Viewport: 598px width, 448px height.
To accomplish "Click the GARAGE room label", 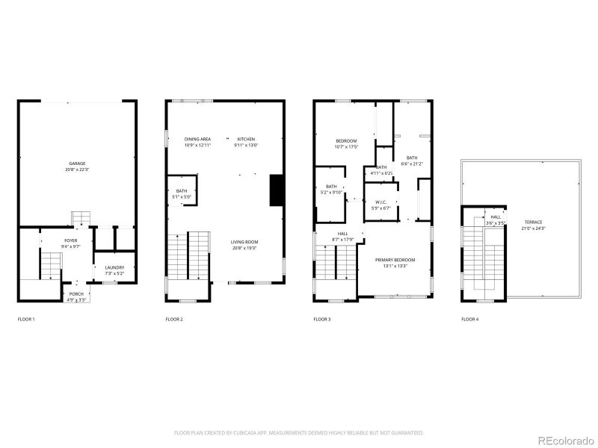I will pyautogui.click(x=76, y=163).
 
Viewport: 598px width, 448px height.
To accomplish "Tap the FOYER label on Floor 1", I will pyautogui.click(x=70, y=240).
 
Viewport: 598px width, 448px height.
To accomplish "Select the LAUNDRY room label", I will pyautogui.click(x=114, y=267).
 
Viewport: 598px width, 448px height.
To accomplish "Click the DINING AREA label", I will pyautogui.click(x=197, y=139).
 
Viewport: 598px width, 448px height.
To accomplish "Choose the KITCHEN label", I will pyautogui.click(x=247, y=139).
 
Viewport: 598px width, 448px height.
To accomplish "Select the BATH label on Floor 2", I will pyautogui.click(x=182, y=191).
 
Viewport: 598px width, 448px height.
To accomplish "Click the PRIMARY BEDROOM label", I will pyautogui.click(x=395, y=259).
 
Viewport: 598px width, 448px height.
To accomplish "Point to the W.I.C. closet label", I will pyautogui.click(x=380, y=202).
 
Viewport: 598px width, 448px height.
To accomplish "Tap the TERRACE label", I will pyautogui.click(x=534, y=222).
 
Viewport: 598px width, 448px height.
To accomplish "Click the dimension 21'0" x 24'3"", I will pyautogui.click(x=534, y=228).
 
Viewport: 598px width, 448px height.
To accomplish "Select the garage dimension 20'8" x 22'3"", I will pyautogui.click(x=76, y=169).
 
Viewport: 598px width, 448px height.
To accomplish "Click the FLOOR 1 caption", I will pyautogui.click(x=26, y=320).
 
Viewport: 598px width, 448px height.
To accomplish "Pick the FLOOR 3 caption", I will pyautogui.click(x=322, y=320).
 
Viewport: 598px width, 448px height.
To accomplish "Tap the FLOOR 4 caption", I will pyautogui.click(x=470, y=320).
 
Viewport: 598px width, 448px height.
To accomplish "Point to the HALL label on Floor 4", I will pyautogui.click(x=496, y=217).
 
